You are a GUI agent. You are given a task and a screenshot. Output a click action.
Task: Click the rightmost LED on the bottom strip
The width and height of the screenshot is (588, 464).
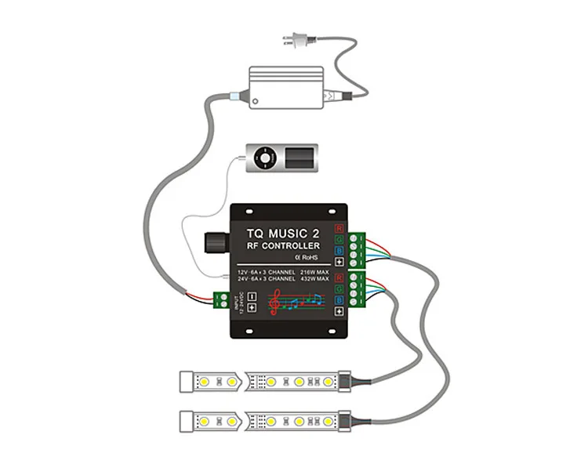[328, 421]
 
